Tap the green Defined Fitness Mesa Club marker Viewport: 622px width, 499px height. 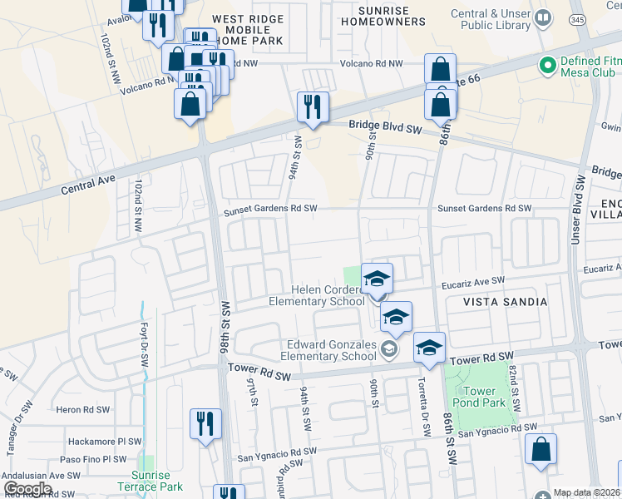coord(547,64)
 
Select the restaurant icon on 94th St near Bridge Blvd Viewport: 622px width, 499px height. coord(313,107)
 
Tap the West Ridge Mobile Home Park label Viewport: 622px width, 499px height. coord(248,29)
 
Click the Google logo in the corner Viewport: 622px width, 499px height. coord(27,489)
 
